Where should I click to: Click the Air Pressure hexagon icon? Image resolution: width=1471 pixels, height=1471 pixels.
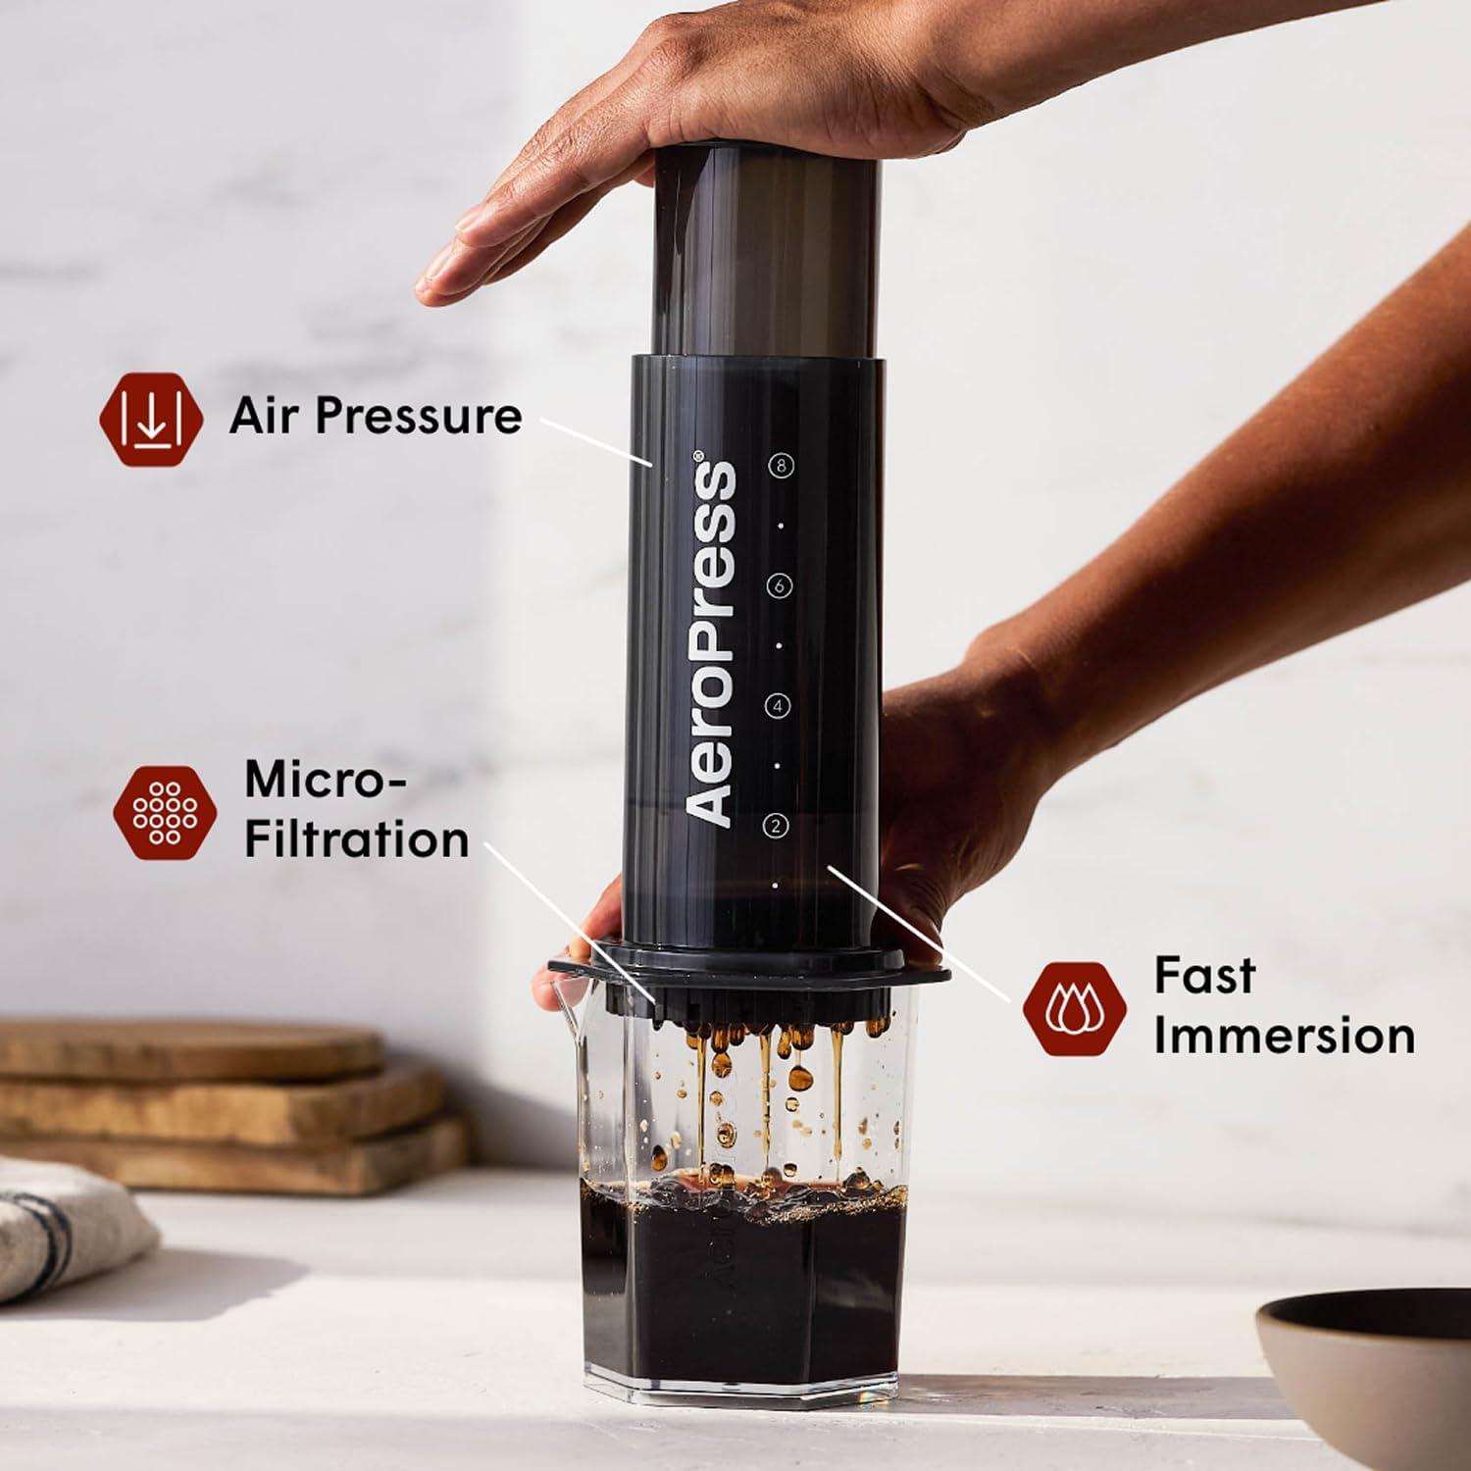click(151, 417)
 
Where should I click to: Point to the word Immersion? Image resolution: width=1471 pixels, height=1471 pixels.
click(1284, 1037)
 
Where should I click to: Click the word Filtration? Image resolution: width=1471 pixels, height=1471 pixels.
click(356, 840)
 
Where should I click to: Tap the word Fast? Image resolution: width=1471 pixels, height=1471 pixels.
click(1204, 975)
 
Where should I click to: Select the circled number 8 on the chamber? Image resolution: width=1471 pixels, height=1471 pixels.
click(781, 466)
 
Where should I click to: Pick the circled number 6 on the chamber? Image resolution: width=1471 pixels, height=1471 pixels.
click(780, 585)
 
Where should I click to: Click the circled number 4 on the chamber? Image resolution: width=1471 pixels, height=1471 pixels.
click(778, 705)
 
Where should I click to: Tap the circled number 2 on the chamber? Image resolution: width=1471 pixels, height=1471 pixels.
click(776, 826)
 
